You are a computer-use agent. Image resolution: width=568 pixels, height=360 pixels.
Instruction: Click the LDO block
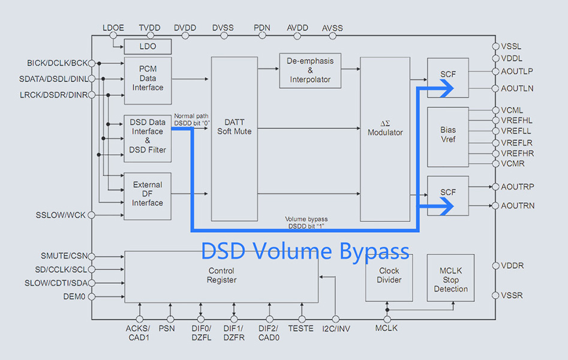point(148,46)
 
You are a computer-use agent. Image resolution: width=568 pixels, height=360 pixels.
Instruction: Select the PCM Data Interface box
point(148,79)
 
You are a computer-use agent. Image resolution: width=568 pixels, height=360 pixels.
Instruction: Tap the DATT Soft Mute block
point(235,127)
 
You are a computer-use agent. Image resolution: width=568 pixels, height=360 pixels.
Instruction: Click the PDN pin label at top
point(262,28)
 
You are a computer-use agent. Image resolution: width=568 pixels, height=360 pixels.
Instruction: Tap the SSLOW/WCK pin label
point(60,215)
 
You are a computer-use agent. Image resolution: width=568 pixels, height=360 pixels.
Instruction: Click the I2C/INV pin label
point(335,328)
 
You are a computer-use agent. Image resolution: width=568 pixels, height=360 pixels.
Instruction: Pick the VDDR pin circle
point(495,266)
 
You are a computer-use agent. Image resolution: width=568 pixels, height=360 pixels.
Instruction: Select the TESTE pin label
point(300,328)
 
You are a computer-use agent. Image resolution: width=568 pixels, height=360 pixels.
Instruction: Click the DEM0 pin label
point(76,296)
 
